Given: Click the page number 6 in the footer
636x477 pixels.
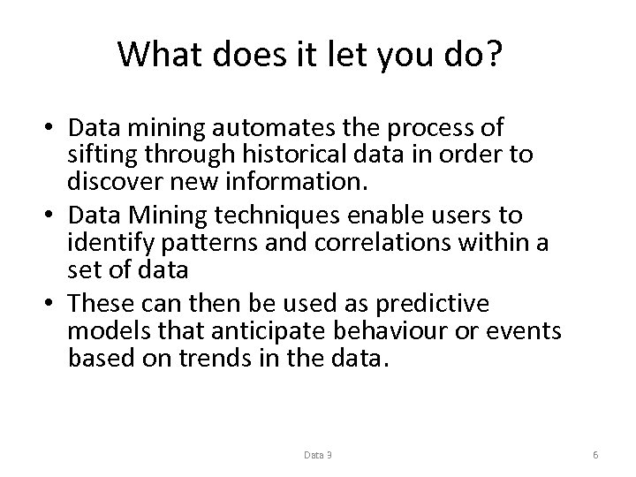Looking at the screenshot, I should click(596, 455).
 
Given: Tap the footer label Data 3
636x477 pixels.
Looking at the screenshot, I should click(318, 455).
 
